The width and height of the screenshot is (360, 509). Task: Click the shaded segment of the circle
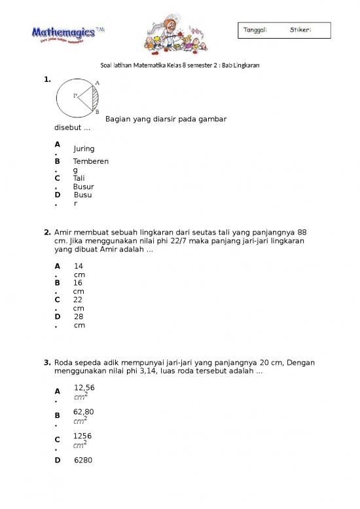(x=95, y=99)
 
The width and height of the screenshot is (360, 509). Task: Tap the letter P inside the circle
(x=75, y=96)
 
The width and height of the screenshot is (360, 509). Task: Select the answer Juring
(x=84, y=149)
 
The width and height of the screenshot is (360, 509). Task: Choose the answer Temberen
(x=91, y=161)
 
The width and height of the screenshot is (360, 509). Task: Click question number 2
(x=48, y=232)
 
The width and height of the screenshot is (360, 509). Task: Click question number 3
(x=48, y=362)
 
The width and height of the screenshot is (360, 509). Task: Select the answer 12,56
(x=84, y=388)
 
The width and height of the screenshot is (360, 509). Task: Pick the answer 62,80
(x=83, y=412)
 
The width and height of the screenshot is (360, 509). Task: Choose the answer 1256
(x=82, y=436)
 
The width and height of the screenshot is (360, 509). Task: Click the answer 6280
(x=83, y=461)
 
